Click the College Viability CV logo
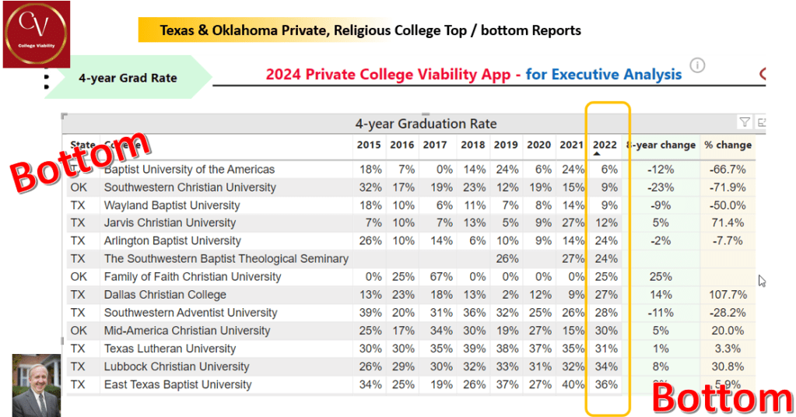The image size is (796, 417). click(x=37, y=34)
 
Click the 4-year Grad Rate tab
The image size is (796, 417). click(x=127, y=78)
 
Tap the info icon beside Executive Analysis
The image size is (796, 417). click(x=697, y=65)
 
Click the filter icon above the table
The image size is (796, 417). click(x=745, y=122)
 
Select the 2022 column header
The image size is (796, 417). click(x=604, y=145)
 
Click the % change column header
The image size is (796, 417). click(x=728, y=145)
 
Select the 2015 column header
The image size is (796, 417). click(x=369, y=145)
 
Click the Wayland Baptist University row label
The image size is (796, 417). click(x=172, y=205)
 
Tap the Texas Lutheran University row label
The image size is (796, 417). click(x=170, y=349)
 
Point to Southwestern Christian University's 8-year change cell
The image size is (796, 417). click(x=662, y=187)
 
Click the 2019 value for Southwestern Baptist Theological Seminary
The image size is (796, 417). click(x=507, y=259)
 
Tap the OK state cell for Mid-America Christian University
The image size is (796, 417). click(x=79, y=331)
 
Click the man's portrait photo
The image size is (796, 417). click(x=36, y=385)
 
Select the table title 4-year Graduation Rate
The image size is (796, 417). click(x=426, y=124)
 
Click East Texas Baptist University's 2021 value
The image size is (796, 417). click(x=573, y=384)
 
